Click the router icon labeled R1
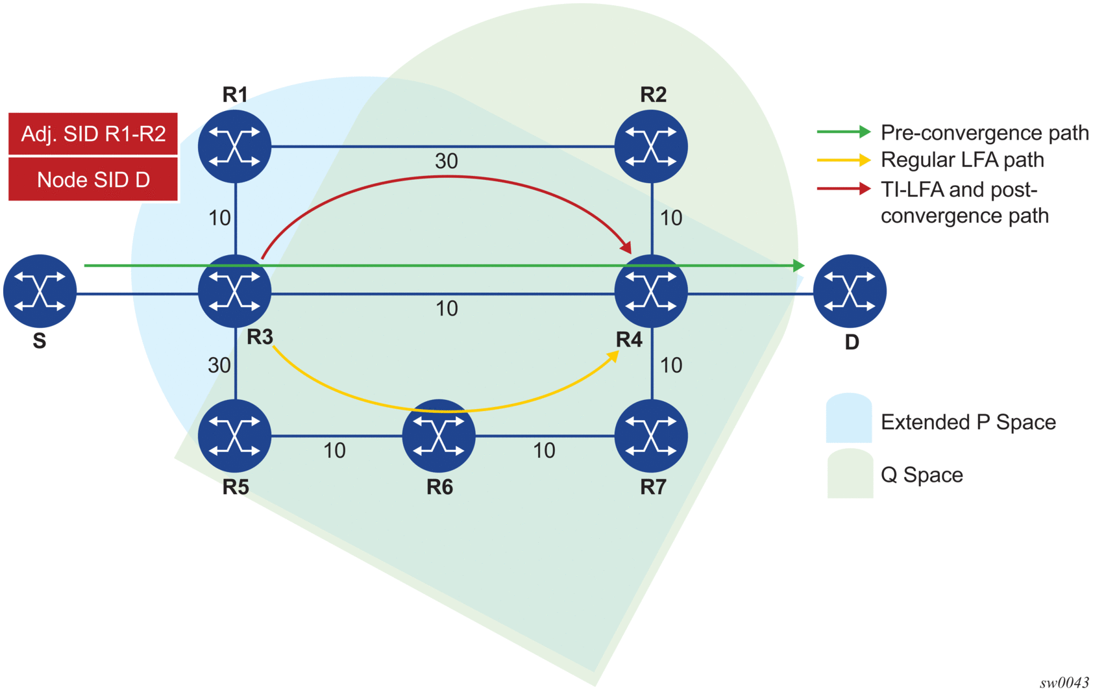(234, 146)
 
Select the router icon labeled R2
(651, 146)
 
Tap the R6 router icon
(439, 436)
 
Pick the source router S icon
(40, 291)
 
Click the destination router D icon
(850, 291)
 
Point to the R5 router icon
(234, 436)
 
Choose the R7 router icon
(651, 436)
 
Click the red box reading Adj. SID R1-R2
(93, 134)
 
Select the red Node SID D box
(93, 180)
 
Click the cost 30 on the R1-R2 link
(447, 161)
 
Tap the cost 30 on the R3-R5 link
(219, 366)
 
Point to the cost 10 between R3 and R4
(447, 308)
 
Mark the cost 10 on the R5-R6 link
(334, 451)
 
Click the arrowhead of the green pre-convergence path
(799, 266)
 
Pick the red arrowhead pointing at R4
(626, 247)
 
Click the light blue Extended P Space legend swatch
(848, 419)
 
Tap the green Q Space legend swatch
(850, 474)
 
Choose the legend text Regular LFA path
(962, 160)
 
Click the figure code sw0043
(1064, 682)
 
